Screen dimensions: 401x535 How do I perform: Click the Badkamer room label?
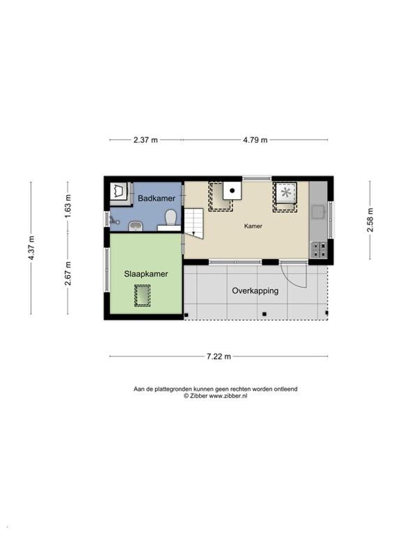[x=157, y=199]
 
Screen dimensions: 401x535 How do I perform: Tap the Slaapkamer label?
[x=146, y=274]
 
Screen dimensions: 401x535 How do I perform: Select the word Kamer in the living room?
[x=253, y=226]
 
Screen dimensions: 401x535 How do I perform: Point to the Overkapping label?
[x=255, y=291]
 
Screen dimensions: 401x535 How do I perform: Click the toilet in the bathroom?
[x=171, y=217]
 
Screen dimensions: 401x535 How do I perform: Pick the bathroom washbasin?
[x=136, y=226]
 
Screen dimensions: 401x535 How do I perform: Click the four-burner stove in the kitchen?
[x=318, y=249]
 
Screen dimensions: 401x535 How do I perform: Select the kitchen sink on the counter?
[x=319, y=212]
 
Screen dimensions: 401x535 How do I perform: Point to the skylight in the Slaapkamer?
[x=142, y=295]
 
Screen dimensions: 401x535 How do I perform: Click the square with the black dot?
[x=233, y=191]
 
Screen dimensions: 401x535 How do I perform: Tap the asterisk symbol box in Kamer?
[x=286, y=193]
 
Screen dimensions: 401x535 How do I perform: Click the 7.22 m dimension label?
[x=219, y=357]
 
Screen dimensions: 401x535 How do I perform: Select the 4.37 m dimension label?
[x=31, y=248]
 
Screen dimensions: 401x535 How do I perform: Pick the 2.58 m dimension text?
[x=370, y=219]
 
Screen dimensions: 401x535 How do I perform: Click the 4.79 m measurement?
[x=255, y=140]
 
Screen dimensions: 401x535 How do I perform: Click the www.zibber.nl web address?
[x=228, y=396]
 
